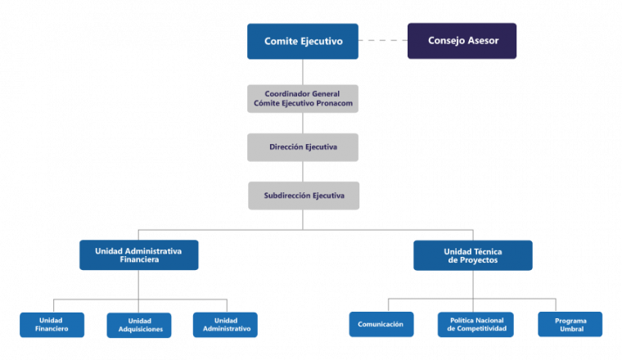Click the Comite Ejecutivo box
pos(303,41)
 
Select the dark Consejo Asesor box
pos(462,41)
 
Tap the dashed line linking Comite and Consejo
pos(383,40)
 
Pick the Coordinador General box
pos(303,99)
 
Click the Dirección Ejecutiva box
pos(303,147)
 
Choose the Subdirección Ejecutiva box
pos(304,196)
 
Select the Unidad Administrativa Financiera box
pos(139,255)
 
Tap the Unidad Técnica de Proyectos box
pos(473,255)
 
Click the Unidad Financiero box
pos(52,325)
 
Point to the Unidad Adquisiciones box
pos(139,325)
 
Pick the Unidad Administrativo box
pos(225,325)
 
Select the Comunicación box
pos(381,324)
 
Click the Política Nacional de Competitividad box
pos(476,325)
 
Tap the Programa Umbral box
pos(570,324)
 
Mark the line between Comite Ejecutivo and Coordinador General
pos(303,72)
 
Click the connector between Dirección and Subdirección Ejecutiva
pos(303,172)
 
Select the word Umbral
pos(571,329)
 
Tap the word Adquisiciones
pos(141,330)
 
